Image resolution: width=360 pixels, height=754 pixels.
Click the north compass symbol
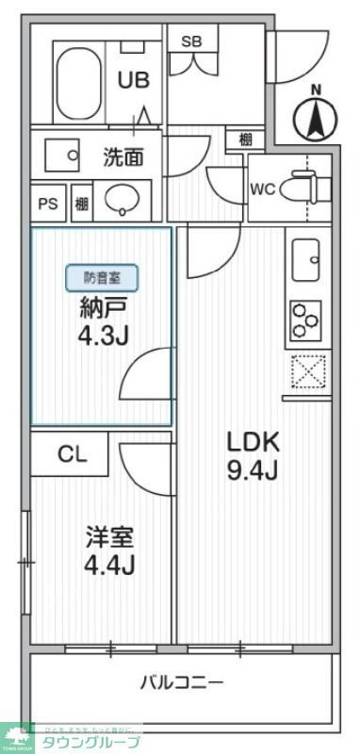tap(316, 117)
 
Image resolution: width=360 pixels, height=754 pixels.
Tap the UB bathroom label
tap(133, 81)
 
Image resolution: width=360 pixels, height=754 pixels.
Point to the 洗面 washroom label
tap(123, 156)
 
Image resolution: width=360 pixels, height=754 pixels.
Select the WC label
tap(262, 187)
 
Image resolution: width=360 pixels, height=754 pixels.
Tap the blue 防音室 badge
tap(102, 277)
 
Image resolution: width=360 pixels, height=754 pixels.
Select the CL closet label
tap(73, 454)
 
